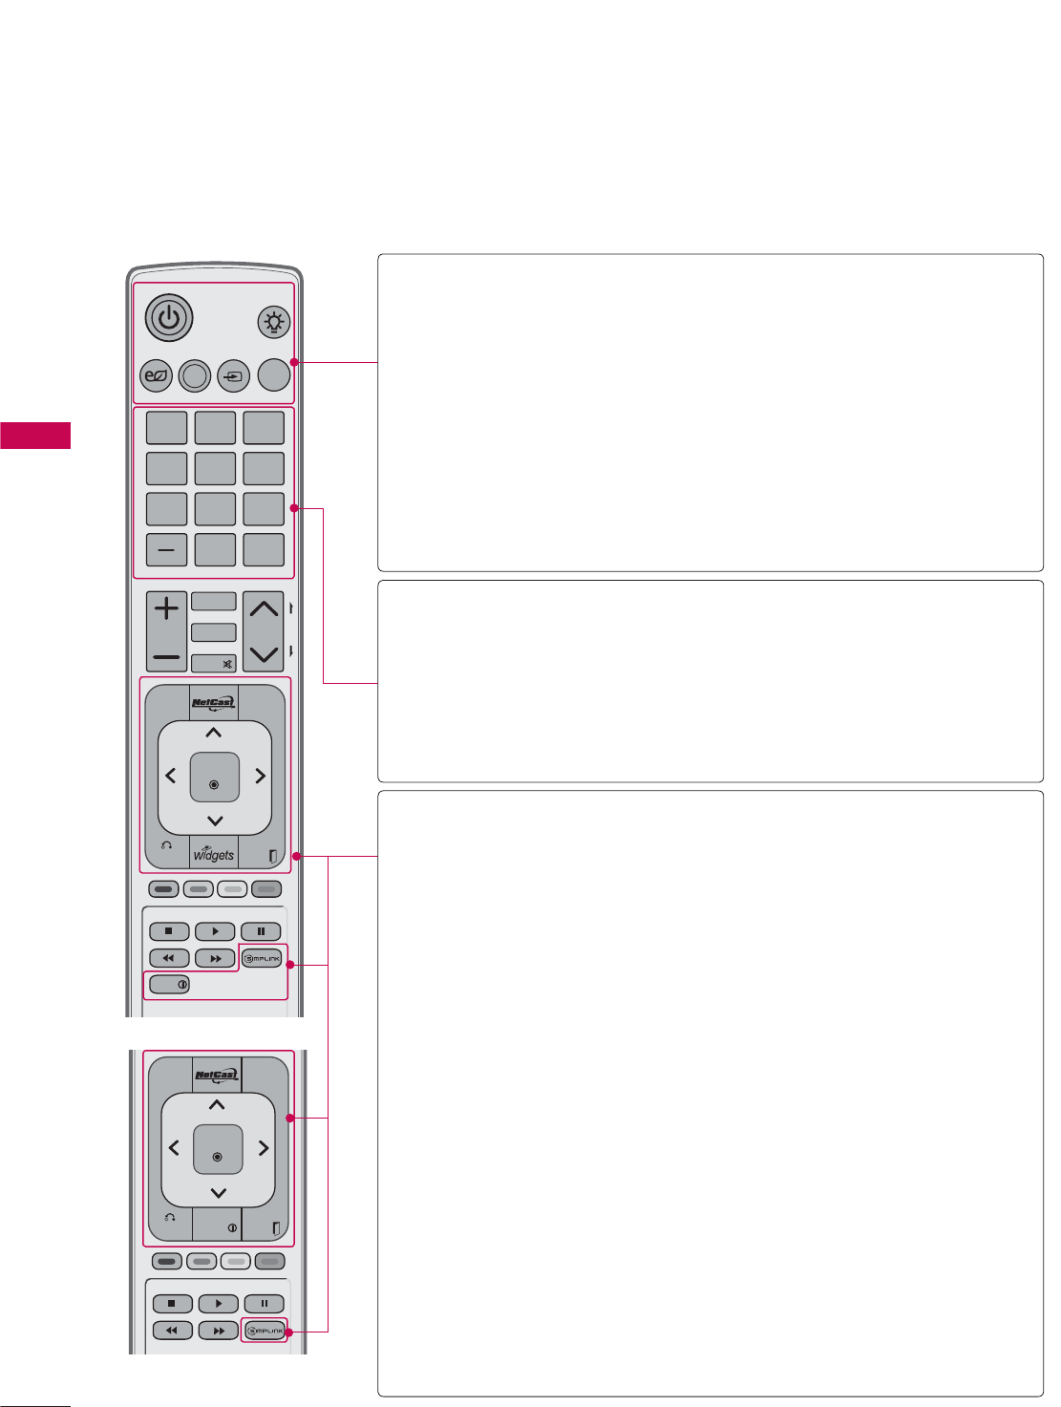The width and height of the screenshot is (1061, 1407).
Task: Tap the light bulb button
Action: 274,323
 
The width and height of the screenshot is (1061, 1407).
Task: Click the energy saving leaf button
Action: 156,376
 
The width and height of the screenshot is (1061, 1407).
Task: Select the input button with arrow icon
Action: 234,376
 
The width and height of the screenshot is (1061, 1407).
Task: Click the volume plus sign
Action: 166,608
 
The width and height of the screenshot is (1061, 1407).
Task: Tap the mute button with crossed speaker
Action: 214,663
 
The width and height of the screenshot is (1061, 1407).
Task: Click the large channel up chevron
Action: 264,608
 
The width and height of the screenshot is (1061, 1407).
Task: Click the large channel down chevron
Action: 264,654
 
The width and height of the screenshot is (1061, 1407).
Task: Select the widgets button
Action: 214,853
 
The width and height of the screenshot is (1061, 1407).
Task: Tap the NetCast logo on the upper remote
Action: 214,704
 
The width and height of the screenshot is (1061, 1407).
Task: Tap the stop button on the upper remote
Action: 169,931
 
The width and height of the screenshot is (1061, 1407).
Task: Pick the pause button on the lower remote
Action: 265,1304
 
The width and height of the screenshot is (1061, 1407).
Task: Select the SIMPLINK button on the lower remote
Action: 265,1331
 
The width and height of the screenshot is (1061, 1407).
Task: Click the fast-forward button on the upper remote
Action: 215,958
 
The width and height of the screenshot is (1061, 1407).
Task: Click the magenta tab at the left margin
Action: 35,435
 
